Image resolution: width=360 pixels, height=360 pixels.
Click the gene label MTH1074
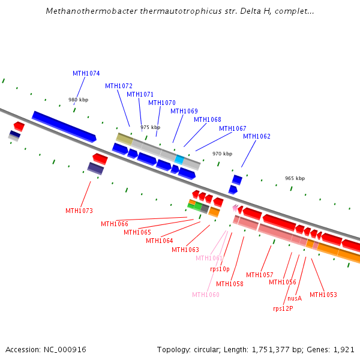tap(86, 73)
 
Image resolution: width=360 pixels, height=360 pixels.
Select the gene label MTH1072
tap(119, 86)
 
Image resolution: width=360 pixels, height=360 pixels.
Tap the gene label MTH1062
tap(257, 136)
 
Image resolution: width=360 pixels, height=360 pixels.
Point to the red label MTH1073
tap(79, 211)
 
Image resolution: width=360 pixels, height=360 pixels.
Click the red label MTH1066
tap(114, 224)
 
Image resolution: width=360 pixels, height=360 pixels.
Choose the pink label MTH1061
tap(209, 258)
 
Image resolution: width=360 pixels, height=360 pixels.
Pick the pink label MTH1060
tap(206, 295)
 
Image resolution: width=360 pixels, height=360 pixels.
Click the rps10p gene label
tap(220, 269)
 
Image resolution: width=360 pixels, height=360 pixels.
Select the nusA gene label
tap(295, 298)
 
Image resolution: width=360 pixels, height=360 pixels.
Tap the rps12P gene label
tap(283, 308)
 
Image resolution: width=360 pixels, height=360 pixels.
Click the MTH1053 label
tap(323, 295)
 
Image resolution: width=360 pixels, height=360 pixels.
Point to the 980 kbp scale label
tap(78, 100)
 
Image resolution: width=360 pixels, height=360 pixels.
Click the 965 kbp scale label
tap(295, 178)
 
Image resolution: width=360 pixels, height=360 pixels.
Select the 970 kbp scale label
tap(222, 154)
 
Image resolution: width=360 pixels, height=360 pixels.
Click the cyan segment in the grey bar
tap(179, 159)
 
